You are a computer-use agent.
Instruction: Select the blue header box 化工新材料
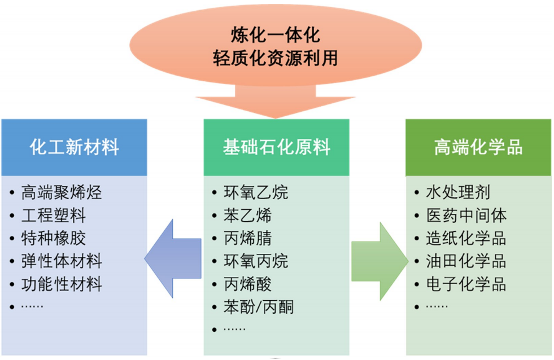[74, 148]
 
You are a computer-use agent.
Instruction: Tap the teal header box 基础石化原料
[276, 148]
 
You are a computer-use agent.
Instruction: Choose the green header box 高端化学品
[478, 148]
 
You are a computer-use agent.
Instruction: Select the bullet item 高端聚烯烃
[62, 193]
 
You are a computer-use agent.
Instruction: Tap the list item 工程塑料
[54, 216]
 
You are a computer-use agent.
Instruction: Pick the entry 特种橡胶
[54, 239]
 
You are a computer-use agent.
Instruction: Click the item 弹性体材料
[62, 261]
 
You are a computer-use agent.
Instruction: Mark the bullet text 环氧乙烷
[256, 193]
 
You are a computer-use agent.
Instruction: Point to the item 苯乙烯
[248, 216]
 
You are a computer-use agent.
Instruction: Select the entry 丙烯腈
[248, 239]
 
